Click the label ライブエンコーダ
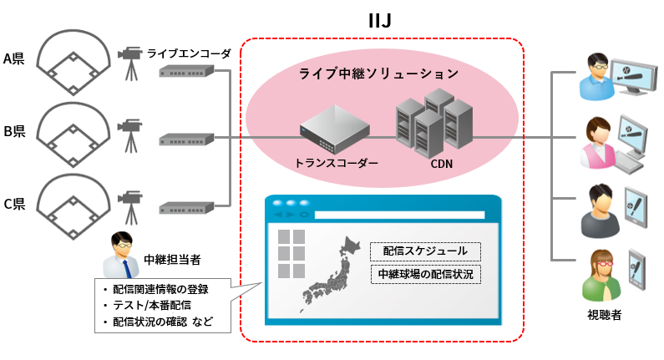(x=189, y=53)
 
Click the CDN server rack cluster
(x=434, y=123)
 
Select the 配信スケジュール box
(x=425, y=251)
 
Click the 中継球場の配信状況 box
(x=425, y=273)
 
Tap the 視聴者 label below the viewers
(x=604, y=315)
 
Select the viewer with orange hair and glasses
(x=601, y=276)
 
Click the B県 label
(x=16, y=131)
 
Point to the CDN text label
(x=441, y=163)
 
